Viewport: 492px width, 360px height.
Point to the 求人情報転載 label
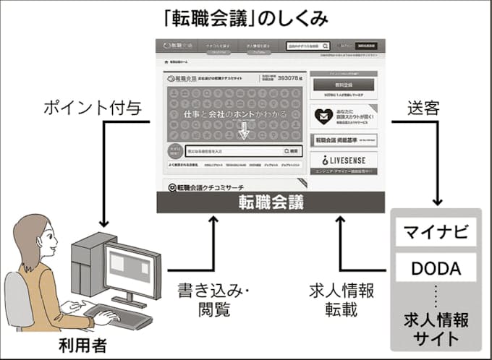pyautogui.click(x=340, y=301)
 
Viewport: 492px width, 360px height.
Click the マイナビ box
pyautogui.click(x=436, y=233)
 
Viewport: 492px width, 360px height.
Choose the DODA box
pyautogui.click(x=436, y=269)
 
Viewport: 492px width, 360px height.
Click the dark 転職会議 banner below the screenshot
pyautogui.click(x=271, y=203)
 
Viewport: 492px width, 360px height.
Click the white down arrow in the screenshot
pyautogui.click(x=244, y=131)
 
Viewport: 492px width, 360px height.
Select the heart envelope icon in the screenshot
pyautogui.click(x=322, y=115)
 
